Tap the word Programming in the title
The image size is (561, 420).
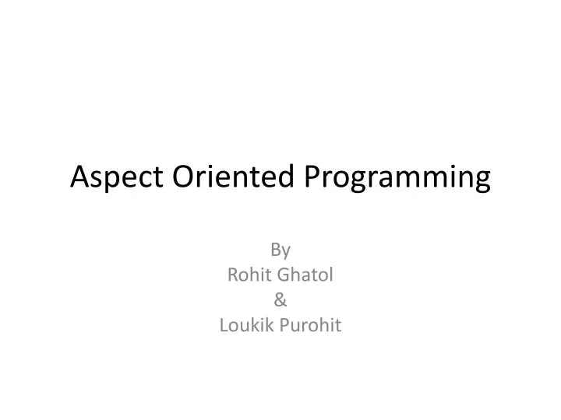(x=395, y=178)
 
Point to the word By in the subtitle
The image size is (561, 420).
(x=280, y=250)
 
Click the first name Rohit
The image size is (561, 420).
(x=245, y=275)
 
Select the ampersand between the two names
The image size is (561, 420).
(x=280, y=299)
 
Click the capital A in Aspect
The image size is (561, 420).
(x=79, y=177)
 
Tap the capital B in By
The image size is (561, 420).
(x=276, y=249)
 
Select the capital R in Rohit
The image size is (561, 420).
(x=231, y=275)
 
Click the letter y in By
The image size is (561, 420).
(x=286, y=251)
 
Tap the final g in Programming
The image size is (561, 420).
(x=483, y=180)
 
